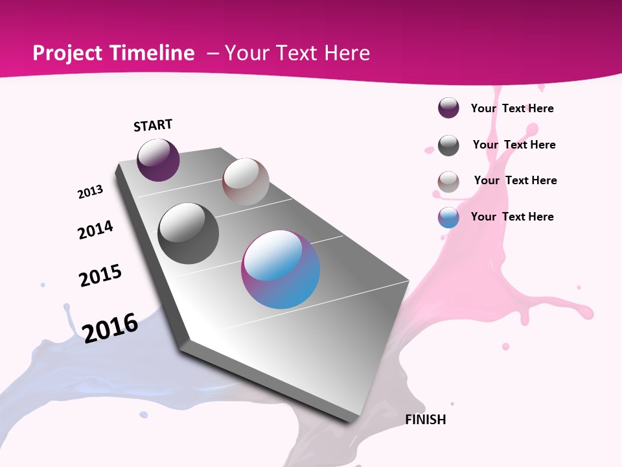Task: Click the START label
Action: click(153, 125)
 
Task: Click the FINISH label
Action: click(426, 420)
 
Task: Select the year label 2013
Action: click(91, 192)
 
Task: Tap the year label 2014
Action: click(95, 230)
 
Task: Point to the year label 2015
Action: click(100, 276)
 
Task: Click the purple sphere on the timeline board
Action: click(158, 160)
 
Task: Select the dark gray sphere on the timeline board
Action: click(189, 233)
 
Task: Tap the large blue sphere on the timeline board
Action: click(281, 269)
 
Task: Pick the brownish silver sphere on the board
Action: click(246, 182)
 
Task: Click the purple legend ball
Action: click(448, 108)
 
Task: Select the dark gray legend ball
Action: click(448, 145)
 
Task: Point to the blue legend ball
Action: click(448, 217)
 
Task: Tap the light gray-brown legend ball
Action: click(448, 182)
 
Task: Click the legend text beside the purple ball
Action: click(513, 108)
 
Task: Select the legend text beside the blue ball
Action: click(513, 217)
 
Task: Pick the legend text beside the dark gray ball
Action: click(514, 145)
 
